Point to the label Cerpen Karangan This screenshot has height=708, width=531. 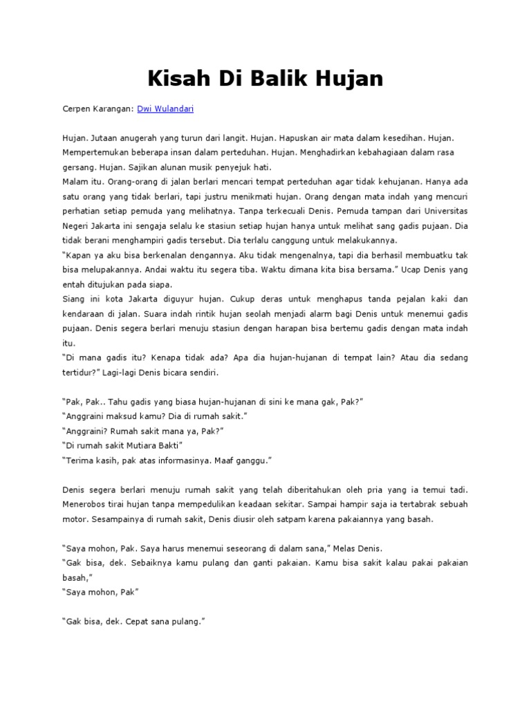(x=97, y=109)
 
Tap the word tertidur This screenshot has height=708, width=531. (x=79, y=372)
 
